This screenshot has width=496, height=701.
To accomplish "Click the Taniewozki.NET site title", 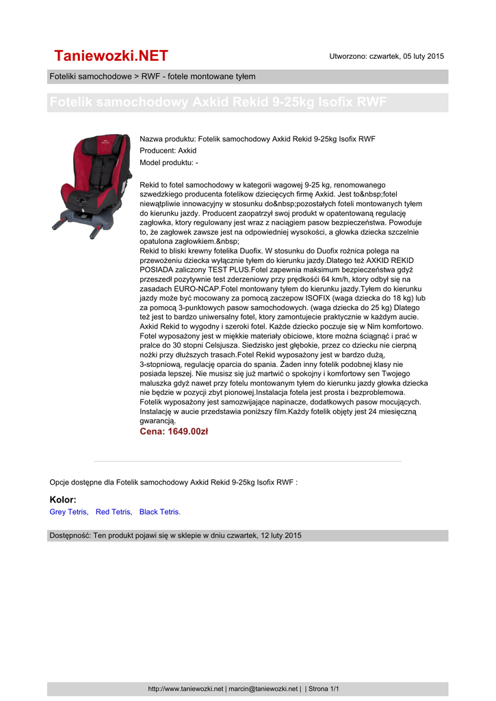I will coord(111,55).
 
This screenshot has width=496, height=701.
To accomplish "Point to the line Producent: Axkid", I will coord(168,151).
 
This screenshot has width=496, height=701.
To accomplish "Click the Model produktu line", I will coord(169,163).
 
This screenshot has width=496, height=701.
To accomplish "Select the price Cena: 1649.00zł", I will coord(174,432).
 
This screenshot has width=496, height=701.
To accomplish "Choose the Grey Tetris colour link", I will coord(69,512).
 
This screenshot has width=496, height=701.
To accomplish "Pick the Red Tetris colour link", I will coord(114,512).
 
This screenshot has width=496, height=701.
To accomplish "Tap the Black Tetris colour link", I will coord(160,512).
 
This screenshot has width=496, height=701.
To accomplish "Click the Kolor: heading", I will coord(63,500).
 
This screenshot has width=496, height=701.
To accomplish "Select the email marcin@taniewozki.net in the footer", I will coord(263,689).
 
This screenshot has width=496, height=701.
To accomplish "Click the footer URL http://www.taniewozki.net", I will coord(186,689).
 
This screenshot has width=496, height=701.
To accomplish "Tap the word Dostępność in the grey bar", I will coord(69,535).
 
